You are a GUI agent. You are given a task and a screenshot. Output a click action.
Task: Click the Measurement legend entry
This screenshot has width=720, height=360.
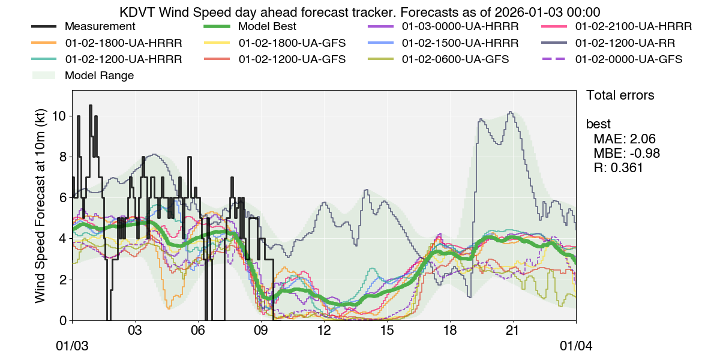100,27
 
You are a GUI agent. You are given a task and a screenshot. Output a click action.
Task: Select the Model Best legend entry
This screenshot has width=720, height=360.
266,27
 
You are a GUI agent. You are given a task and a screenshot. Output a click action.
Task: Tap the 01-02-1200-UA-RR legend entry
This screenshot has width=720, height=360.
624,43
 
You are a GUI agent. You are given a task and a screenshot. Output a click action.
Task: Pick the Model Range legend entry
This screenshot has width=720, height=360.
99,76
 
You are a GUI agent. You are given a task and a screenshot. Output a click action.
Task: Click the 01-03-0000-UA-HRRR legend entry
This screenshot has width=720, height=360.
460,27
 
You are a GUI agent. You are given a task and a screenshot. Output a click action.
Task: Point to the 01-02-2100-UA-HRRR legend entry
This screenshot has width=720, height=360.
633,27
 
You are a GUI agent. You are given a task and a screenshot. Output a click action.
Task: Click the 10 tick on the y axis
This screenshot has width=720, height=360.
60,116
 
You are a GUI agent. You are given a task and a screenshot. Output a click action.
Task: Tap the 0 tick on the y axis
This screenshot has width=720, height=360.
64,320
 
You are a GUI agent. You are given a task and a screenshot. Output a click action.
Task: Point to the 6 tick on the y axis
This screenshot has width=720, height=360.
64,198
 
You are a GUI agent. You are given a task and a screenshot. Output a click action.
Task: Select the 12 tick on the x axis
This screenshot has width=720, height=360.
324,331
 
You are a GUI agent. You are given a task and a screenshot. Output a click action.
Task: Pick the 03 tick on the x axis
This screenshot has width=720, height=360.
135,331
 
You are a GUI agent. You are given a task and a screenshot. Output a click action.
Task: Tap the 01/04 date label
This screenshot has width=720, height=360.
576,347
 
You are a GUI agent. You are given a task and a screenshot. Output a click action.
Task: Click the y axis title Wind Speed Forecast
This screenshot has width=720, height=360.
40,205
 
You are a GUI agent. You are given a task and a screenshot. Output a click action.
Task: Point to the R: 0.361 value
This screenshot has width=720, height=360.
618,168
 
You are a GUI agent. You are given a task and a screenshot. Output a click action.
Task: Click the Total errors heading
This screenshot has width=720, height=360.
620,95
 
